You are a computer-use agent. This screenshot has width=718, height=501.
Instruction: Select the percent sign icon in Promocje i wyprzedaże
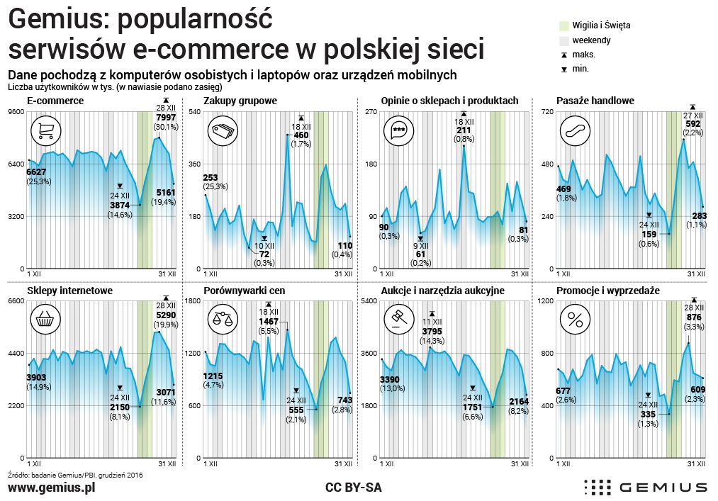(573, 320)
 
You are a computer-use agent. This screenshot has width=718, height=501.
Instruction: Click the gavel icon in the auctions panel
(397, 320)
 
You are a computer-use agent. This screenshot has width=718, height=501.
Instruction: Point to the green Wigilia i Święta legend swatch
(563, 26)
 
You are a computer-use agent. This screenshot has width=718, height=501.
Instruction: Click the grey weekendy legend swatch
(563, 40)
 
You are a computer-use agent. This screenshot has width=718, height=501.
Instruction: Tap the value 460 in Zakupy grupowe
(301, 135)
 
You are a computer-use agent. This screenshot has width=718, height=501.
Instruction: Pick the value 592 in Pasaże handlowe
(692, 123)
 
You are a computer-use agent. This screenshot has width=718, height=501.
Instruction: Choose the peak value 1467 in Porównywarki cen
(269, 321)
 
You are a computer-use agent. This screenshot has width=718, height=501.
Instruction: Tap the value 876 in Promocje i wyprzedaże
(694, 317)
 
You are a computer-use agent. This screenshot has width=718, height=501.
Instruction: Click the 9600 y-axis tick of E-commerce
(16, 113)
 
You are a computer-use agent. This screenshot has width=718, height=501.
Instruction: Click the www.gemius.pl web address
(51, 488)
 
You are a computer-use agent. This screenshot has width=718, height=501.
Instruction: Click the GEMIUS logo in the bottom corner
(645, 488)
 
